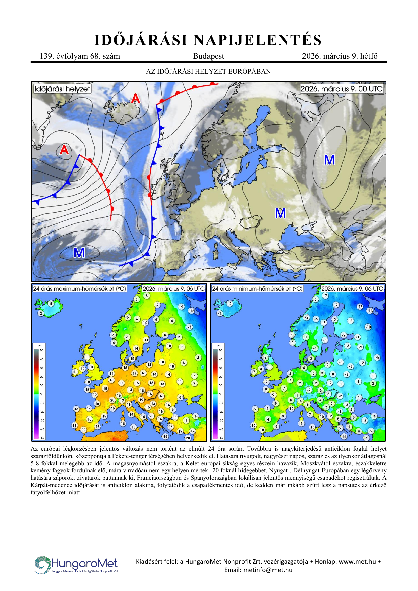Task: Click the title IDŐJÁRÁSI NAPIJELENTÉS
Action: point(208,40)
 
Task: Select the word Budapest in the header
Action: point(208,56)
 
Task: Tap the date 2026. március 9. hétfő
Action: point(340,56)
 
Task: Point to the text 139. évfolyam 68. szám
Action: point(80,56)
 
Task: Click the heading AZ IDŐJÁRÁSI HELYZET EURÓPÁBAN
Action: point(208,71)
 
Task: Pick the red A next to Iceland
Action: point(135,98)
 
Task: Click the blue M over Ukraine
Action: point(280,213)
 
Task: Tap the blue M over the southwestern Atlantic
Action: point(79,253)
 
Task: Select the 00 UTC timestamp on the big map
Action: point(342,89)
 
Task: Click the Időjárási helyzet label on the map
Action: point(62,89)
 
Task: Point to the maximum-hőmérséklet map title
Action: point(79,289)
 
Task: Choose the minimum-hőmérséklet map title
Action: point(257,289)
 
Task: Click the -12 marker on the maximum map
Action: point(191,311)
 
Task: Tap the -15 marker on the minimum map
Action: point(360,307)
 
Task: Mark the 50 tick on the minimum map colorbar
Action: point(221,350)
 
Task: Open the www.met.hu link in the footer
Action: point(357,562)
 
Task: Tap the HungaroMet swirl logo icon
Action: point(42,565)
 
